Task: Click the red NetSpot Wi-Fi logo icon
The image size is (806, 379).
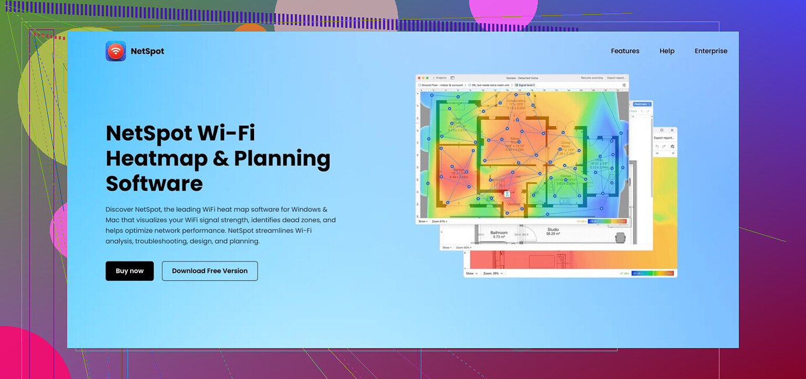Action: [x=116, y=51]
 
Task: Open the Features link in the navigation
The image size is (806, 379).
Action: [x=625, y=51]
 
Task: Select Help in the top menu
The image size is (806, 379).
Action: [x=667, y=51]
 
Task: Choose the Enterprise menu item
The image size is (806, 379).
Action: [x=711, y=51]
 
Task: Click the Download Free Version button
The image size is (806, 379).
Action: [x=210, y=271]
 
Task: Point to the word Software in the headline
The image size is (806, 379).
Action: [x=154, y=184]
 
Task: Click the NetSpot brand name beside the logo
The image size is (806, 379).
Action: [x=147, y=51]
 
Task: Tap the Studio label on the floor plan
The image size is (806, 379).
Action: [x=553, y=230]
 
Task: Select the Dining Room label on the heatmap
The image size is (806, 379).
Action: [x=565, y=144]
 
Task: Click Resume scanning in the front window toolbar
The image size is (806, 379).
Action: [x=592, y=78]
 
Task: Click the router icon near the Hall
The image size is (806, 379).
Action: [x=507, y=192]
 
